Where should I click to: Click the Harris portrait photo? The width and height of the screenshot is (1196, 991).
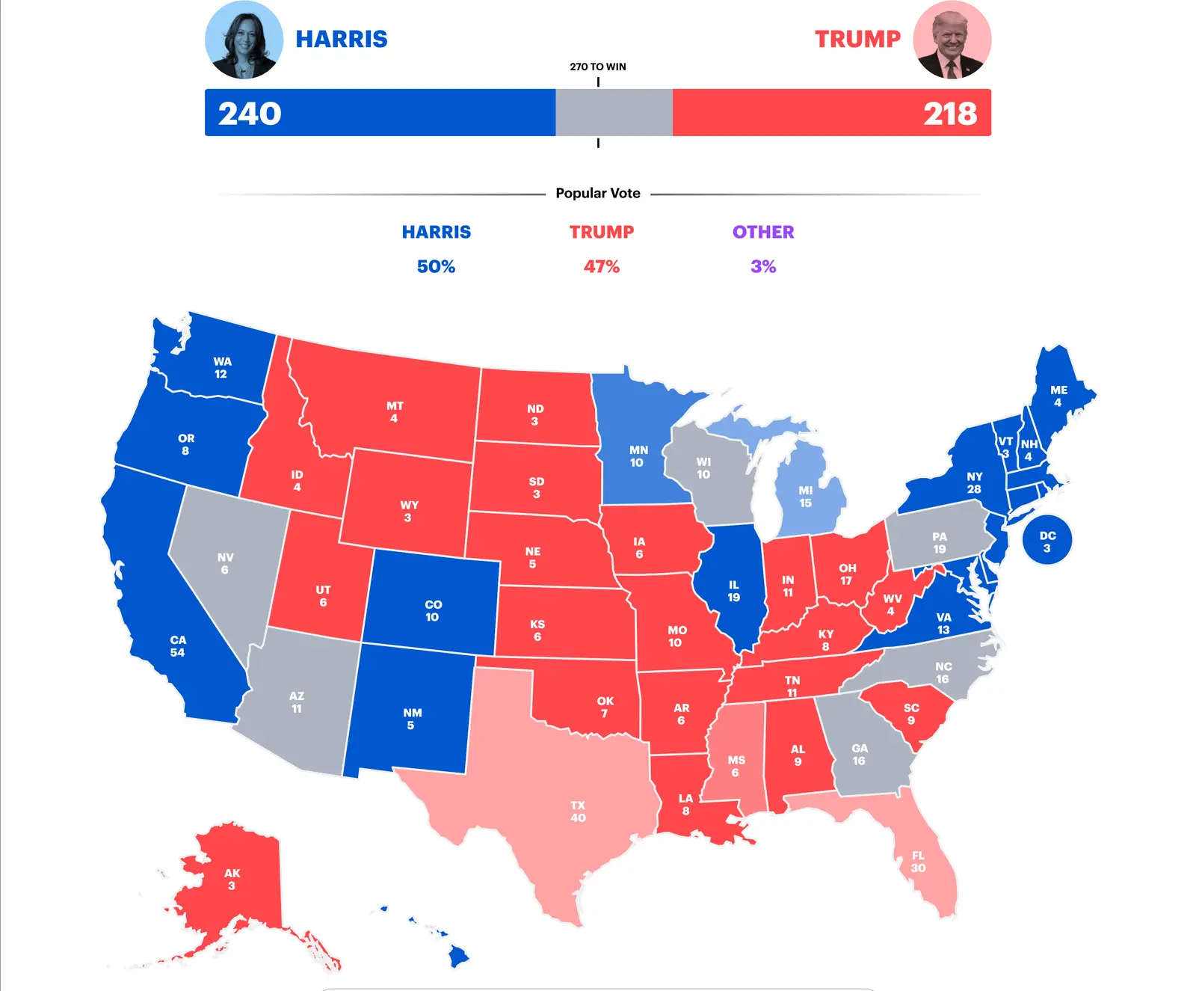(244, 40)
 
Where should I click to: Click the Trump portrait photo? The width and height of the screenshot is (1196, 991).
(952, 40)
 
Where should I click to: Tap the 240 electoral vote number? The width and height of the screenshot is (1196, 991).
(250, 114)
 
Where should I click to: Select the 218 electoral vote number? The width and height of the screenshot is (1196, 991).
(950, 114)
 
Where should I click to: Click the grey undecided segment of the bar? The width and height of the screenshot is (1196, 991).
(614, 113)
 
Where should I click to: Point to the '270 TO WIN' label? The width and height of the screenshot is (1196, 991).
(598, 67)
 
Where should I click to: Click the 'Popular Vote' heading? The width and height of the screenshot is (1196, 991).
(598, 193)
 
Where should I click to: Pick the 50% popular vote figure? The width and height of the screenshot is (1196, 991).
(436, 266)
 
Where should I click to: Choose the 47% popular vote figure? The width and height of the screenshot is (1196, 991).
(602, 266)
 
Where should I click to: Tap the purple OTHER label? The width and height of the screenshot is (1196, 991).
(763, 232)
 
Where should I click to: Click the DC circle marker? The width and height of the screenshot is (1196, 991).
(1047, 541)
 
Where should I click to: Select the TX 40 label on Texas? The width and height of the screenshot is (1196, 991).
(578, 811)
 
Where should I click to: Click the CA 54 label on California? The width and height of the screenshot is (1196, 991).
(178, 646)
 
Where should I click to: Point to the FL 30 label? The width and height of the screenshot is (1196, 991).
(918, 862)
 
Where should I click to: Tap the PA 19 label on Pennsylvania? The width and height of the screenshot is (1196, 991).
(940, 543)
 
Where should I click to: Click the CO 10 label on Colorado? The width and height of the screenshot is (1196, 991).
(433, 610)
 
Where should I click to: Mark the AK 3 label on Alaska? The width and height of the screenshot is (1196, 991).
(232, 880)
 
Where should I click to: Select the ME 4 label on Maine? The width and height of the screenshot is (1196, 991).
(1058, 396)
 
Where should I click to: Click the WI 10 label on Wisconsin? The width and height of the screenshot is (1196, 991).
(703, 468)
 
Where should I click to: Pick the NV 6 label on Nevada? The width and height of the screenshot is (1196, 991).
(225, 563)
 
